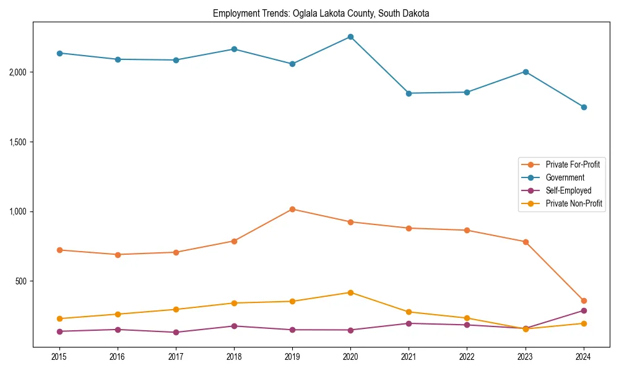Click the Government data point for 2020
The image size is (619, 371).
coord(350,36)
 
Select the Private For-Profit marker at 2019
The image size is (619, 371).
coord(292,209)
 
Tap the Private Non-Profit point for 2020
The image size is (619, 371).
coord(350,292)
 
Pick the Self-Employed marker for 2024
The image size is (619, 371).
coord(583,310)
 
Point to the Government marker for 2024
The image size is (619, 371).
coord(583,107)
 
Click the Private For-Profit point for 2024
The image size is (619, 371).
coord(583,301)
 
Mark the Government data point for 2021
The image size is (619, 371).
coord(409,93)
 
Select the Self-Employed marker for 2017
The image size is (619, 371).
coord(176,332)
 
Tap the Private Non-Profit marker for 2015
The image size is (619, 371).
coord(59,318)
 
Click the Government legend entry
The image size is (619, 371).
coord(565,177)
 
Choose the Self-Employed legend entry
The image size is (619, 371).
coord(568,190)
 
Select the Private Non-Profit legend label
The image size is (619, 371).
coord(574,203)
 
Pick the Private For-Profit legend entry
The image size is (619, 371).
coord(572,164)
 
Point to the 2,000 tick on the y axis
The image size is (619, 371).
coord(19,72)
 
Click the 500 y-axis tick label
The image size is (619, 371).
coord(22,281)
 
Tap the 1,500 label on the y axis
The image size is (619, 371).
coord(19,142)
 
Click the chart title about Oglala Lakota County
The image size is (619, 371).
coord(321,13)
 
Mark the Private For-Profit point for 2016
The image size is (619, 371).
coord(118,254)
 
